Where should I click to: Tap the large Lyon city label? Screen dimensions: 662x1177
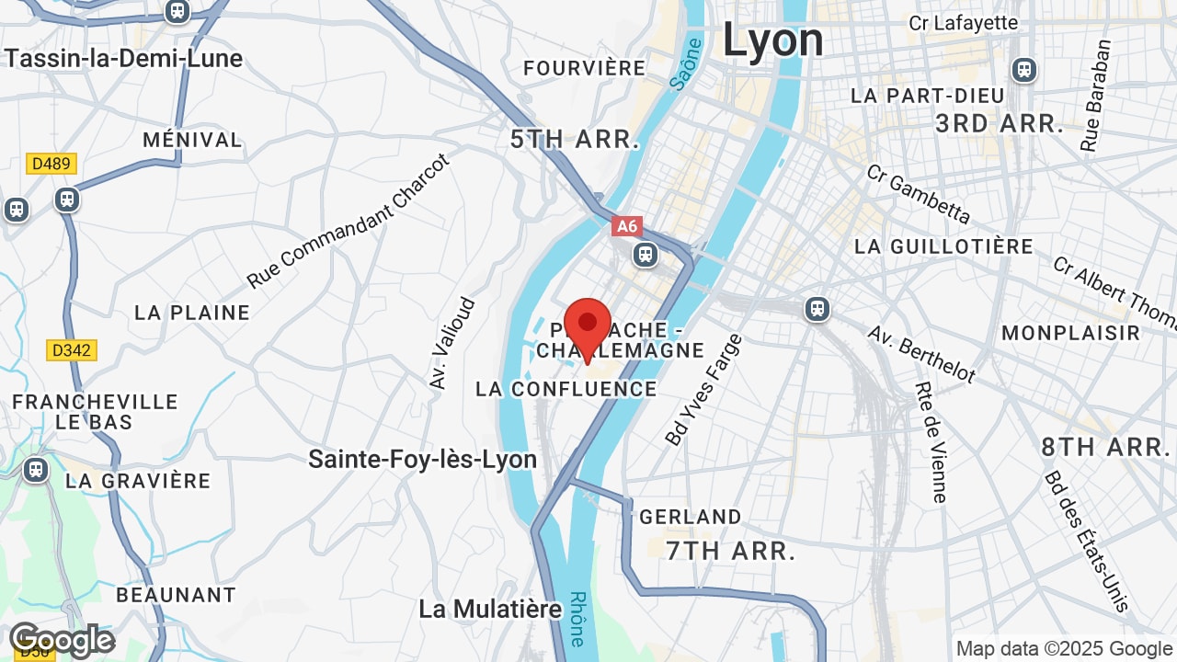click(772, 40)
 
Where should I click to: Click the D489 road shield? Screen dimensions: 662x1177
click(51, 164)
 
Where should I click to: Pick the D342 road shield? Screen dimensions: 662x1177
click(72, 350)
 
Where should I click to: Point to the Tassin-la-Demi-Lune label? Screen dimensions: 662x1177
click(123, 59)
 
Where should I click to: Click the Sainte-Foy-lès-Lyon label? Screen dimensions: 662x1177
click(422, 459)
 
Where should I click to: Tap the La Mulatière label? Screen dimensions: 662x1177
click(490, 609)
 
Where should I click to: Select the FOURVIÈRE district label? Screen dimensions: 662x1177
click(584, 68)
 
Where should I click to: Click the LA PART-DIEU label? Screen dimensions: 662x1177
click(927, 96)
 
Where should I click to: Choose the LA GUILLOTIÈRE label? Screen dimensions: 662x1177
click(943, 246)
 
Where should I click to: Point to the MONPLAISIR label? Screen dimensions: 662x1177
click(1070, 333)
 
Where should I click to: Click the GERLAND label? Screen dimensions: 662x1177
click(690, 517)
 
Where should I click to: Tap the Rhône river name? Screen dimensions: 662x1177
click(577, 618)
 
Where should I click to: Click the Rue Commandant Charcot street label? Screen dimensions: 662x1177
click(349, 222)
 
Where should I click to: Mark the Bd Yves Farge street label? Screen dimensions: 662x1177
click(703, 391)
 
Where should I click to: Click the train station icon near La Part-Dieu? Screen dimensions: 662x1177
click(1023, 70)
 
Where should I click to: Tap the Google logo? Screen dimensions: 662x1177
click(62, 640)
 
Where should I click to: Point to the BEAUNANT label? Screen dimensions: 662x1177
click(176, 595)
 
